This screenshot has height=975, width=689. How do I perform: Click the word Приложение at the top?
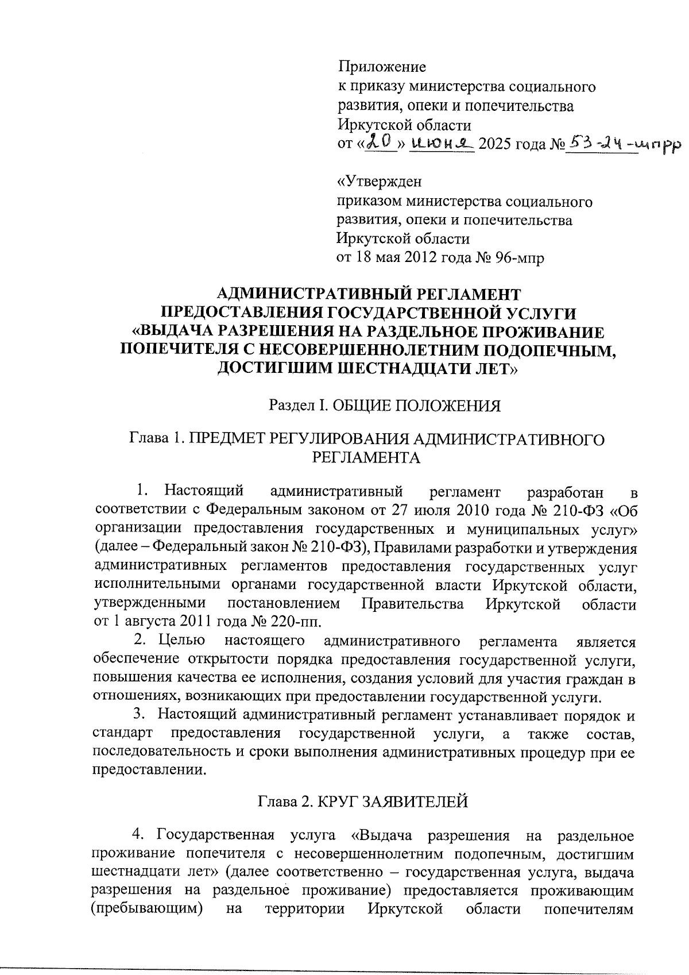tap(381, 68)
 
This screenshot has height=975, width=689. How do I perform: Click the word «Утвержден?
tap(379, 183)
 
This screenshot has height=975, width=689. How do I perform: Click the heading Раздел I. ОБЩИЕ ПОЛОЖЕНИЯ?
tap(385, 406)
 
